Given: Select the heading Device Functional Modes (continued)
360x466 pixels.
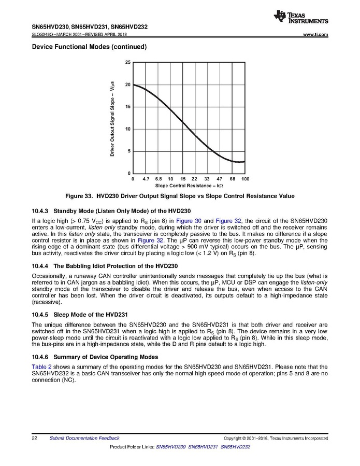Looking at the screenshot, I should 89,47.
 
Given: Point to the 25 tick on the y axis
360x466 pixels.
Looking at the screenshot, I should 128,62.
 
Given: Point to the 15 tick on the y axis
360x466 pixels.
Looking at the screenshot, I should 128,107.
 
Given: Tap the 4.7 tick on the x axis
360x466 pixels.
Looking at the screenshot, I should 146,178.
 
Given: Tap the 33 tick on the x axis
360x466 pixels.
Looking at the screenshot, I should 207,178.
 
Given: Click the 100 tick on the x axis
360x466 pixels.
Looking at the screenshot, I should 245,178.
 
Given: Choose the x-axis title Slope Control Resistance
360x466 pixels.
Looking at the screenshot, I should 189,185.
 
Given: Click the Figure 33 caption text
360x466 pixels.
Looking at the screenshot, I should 179,196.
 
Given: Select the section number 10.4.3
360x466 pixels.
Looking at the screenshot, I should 40,211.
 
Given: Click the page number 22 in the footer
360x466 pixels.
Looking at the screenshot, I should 34,438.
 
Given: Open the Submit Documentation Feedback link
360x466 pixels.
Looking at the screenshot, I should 84,438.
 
